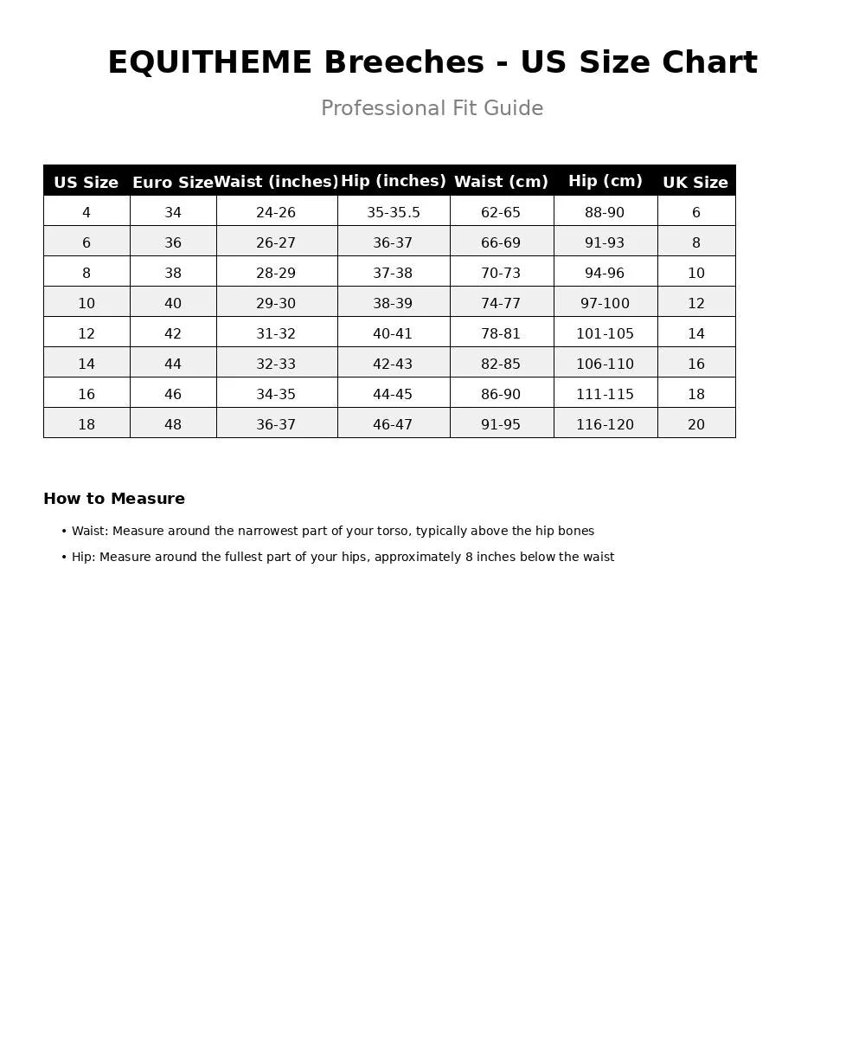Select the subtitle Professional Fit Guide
(432, 108)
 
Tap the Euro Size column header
(172, 183)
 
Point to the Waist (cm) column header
(501, 182)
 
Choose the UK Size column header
(695, 183)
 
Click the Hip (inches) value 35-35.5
(393, 212)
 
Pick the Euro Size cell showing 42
(173, 333)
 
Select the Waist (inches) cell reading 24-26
(276, 212)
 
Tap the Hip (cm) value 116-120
(605, 424)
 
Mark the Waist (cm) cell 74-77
(501, 303)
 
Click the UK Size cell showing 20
(695, 424)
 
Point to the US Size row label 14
(86, 364)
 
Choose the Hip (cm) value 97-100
(605, 303)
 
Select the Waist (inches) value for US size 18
(276, 424)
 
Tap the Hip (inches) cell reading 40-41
(393, 333)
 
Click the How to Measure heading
(114, 499)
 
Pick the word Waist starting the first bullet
(88, 531)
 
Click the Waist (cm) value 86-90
(501, 394)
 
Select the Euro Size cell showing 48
(173, 424)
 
